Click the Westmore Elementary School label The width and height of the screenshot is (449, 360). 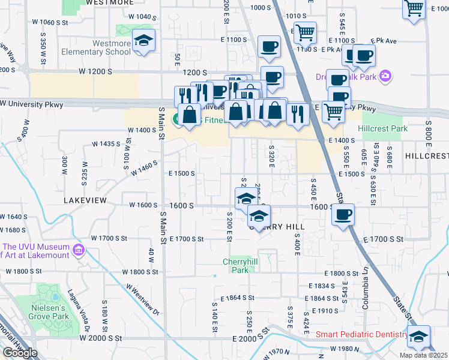pos(96,47)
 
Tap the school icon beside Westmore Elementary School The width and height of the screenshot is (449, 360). pos(143,41)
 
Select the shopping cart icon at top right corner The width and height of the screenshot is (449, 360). pos(414,8)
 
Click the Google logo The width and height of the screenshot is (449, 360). pos(20,353)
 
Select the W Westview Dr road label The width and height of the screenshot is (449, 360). pos(143,299)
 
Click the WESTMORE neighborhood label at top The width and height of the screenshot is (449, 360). pos(110,2)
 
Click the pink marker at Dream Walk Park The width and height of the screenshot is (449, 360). pos(385,77)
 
